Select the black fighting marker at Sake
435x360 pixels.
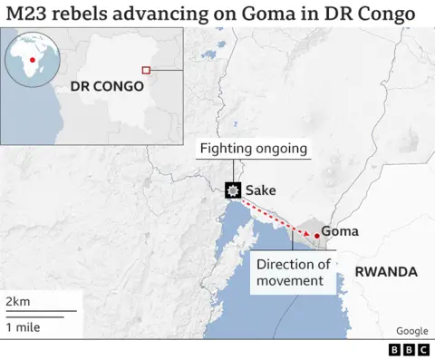234,190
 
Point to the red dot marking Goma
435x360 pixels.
316,236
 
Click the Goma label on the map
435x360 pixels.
340,231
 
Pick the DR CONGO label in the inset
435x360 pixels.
107,87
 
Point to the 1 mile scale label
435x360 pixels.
23,327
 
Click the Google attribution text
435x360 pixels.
411,331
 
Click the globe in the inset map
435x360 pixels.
33,59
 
